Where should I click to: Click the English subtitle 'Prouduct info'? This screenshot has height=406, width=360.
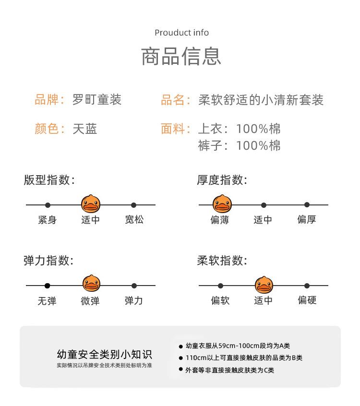coord(181,33)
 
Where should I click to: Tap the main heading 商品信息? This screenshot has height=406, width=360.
coord(181,56)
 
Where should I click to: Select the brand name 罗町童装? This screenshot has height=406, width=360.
coord(97,100)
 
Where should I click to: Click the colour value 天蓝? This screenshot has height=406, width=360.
coord(85,129)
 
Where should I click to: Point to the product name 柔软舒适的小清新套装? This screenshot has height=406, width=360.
coord(261,100)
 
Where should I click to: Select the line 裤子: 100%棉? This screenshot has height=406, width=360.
coord(240,145)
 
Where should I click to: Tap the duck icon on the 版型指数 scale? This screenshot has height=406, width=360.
coord(91,204)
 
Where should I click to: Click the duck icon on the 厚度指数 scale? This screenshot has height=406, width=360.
coord(221,204)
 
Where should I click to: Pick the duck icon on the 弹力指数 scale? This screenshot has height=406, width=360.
coord(91,285)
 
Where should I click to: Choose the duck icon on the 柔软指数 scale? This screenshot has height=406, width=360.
coord(264,285)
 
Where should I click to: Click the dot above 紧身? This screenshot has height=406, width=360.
coord(48,205)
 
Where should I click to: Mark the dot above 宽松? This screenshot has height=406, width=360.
coord(134,205)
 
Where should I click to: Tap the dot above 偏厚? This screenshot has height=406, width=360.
coord(307,205)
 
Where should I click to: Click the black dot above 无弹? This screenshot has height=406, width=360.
coord(47,286)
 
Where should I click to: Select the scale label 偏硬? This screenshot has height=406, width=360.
coord(307,300)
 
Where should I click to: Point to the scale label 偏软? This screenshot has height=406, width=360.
coord(220,300)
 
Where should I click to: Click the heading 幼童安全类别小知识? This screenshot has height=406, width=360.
coord(104,355)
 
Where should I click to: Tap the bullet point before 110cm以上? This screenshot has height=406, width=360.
coord(181,358)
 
